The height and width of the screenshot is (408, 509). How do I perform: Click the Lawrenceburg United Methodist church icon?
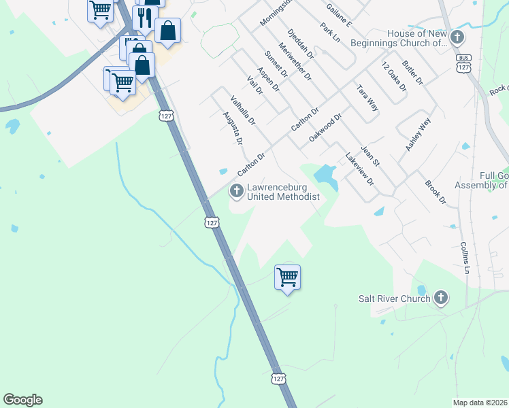(x=237, y=190)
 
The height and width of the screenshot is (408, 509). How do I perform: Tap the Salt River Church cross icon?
(x=441, y=298)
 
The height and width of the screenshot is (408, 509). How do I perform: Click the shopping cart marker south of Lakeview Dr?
(x=287, y=277)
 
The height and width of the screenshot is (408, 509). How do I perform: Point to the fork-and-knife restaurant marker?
(x=144, y=18)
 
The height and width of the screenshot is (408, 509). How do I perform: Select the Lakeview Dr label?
(x=360, y=169)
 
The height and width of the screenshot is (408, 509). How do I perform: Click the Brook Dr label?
(x=435, y=192)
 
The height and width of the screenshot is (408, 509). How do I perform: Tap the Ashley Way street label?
(x=418, y=134)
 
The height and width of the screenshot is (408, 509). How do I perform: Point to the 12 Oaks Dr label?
(x=393, y=77)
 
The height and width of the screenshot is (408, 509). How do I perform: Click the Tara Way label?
(x=367, y=98)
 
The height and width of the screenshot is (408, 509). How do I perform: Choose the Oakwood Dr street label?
(x=324, y=128)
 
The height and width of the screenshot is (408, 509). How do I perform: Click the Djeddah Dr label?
(x=300, y=44)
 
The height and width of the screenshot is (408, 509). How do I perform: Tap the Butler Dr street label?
(x=412, y=71)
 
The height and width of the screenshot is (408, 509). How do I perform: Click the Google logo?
(x=22, y=400)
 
